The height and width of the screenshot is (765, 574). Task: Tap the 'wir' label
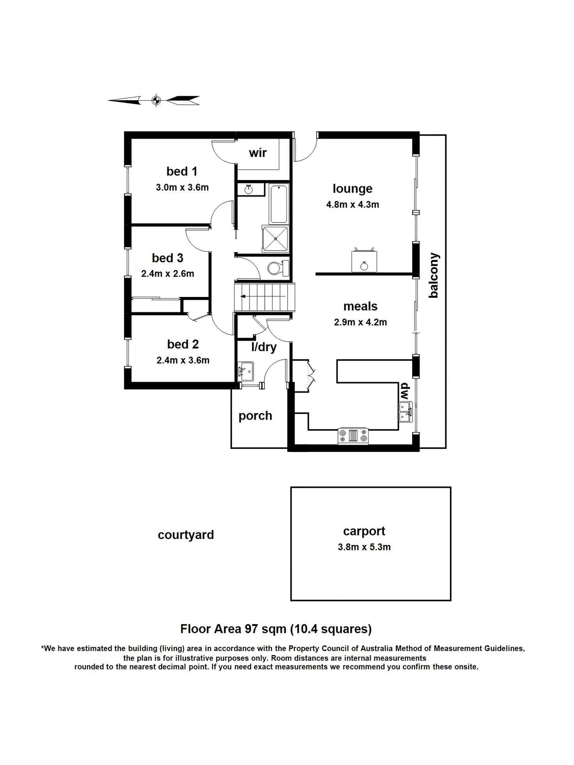(x=258, y=153)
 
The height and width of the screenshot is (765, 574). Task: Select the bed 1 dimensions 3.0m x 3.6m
(x=182, y=187)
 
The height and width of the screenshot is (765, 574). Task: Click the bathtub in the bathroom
(x=279, y=204)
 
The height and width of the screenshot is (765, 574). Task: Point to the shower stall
(x=275, y=238)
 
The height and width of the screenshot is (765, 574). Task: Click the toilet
(x=278, y=268)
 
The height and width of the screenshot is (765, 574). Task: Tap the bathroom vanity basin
(x=249, y=189)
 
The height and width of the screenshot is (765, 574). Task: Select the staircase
(x=264, y=297)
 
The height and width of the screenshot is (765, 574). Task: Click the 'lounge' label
(x=352, y=189)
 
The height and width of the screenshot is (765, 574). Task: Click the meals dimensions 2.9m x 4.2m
(x=360, y=322)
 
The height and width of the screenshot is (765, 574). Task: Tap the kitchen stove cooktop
(x=353, y=435)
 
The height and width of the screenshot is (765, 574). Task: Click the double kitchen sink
(x=405, y=412)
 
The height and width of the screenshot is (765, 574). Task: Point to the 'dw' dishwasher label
(x=404, y=391)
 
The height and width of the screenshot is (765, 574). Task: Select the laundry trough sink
(x=246, y=371)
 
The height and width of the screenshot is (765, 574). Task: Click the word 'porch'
(x=255, y=416)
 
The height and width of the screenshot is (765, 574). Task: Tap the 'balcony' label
(x=434, y=275)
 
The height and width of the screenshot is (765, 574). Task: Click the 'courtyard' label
(x=186, y=535)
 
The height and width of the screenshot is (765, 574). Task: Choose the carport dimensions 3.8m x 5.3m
(x=364, y=547)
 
